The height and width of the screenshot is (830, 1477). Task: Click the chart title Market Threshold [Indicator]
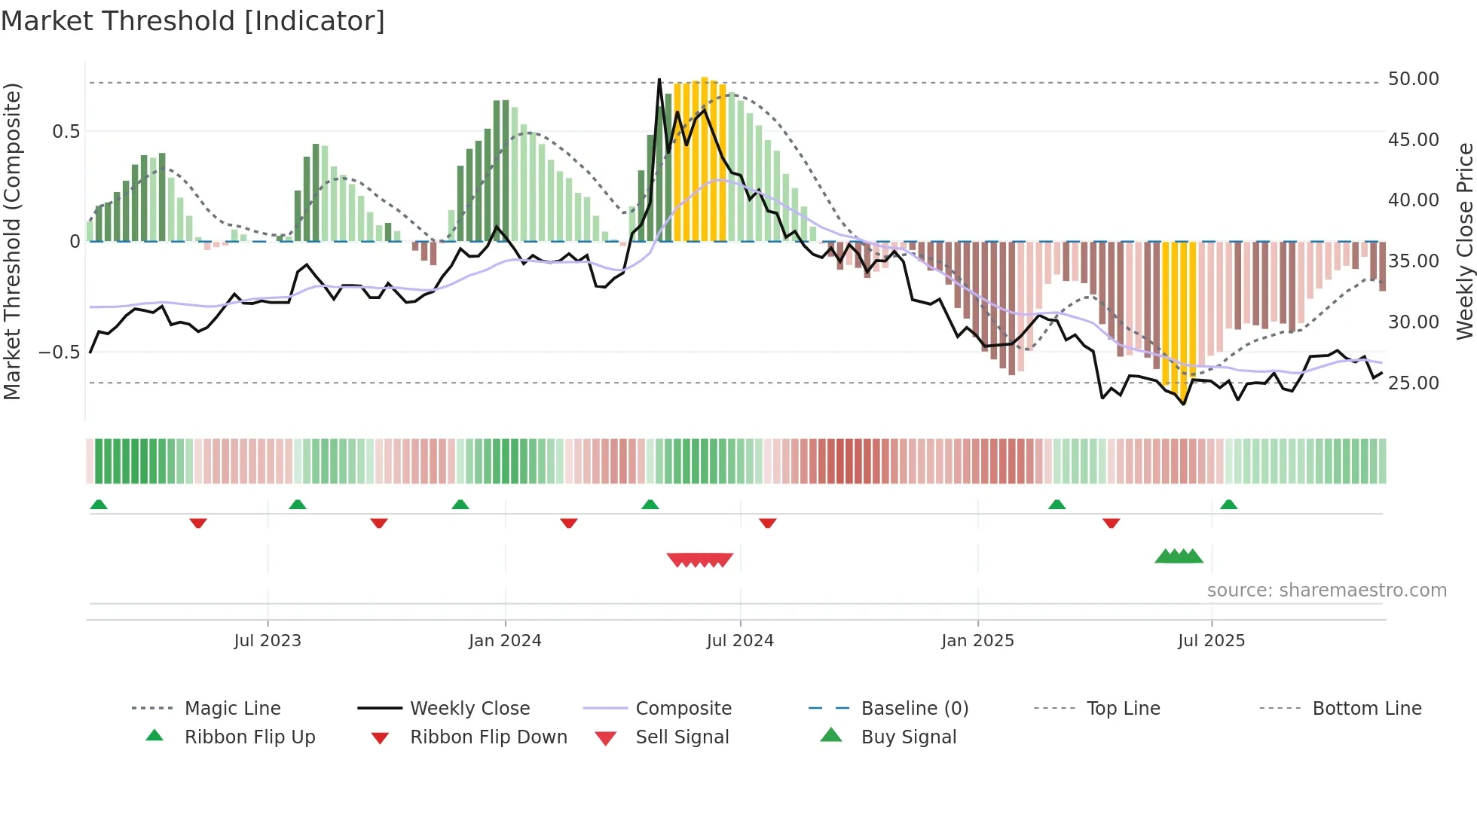coord(193,21)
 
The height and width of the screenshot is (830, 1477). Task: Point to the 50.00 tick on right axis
coord(1413,79)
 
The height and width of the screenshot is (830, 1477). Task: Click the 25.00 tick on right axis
coord(1413,383)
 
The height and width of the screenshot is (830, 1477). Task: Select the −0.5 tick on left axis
coord(59,352)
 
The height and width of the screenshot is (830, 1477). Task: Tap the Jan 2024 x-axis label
coord(505,641)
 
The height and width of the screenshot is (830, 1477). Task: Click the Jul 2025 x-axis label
coord(1211,641)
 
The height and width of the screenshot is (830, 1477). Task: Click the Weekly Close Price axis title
coord(1464,241)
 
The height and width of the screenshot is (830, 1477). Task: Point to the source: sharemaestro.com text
coord(1326,590)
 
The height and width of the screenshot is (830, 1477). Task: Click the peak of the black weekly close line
coord(659,79)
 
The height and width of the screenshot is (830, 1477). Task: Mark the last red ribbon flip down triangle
coord(1111,523)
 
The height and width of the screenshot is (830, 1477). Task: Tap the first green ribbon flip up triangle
coord(99,505)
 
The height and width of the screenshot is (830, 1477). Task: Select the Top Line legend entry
coord(1123,709)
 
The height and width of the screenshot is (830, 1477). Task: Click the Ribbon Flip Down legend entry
coord(488,737)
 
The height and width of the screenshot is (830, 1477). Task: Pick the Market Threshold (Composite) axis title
coord(12,241)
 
